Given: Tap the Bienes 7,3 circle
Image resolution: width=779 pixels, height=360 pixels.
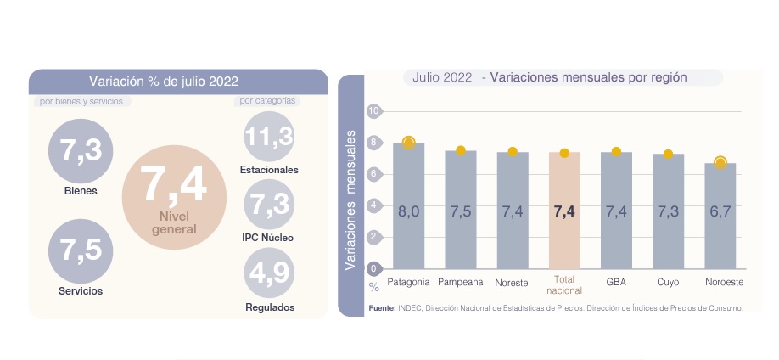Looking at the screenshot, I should coord(81,151).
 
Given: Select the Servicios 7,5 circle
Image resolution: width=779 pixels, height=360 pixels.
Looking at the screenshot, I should coord(81,250).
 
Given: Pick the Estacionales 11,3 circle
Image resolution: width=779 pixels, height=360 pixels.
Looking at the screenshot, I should coord(269,136).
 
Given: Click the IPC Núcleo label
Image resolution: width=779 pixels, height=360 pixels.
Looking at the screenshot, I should coord(267,238).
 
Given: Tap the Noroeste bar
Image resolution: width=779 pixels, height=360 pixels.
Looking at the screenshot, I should coord(720,217).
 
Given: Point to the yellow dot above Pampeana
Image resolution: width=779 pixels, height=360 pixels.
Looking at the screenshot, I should coord(461,150).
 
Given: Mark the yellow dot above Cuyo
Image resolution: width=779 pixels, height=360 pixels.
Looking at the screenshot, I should coord(668,154).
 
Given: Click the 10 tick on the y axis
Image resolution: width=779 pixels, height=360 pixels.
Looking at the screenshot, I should coord(373,110).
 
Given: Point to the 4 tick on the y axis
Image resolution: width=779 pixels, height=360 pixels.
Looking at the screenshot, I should coord(373,205).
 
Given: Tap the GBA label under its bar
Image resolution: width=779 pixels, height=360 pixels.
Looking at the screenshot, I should coord(616,281).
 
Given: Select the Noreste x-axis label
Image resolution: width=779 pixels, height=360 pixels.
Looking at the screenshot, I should coord(513,281).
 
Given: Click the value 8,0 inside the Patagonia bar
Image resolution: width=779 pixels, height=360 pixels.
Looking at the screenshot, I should coord(409,211).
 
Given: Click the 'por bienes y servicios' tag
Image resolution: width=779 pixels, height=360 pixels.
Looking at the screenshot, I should coord(81,101).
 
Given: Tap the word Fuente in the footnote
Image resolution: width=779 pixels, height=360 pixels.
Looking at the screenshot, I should coord(382,307).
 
